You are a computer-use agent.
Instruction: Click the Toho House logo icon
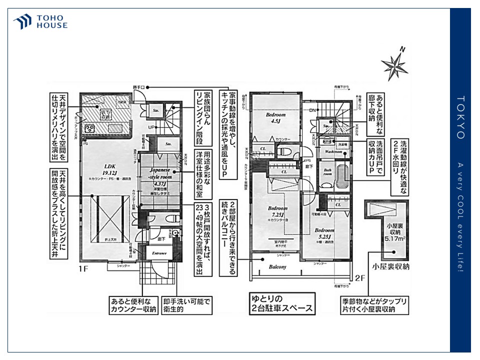[x=23, y=21]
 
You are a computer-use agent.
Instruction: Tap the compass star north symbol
[x=394, y=64]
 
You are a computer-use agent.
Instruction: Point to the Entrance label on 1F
[x=159, y=253]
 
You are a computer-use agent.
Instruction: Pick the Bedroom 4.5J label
[x=275, y=117]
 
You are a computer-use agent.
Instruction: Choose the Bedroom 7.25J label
[x=278, y=210]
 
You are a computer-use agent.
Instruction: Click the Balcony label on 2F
[x=277, y=267]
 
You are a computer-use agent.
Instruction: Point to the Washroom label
[x=333, y=151]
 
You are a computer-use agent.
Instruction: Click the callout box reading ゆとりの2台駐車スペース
[x=282, y=303]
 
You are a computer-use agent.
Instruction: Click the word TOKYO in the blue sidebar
[x=460, y=117]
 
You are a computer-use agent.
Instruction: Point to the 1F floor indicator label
[x=83, y=269]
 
